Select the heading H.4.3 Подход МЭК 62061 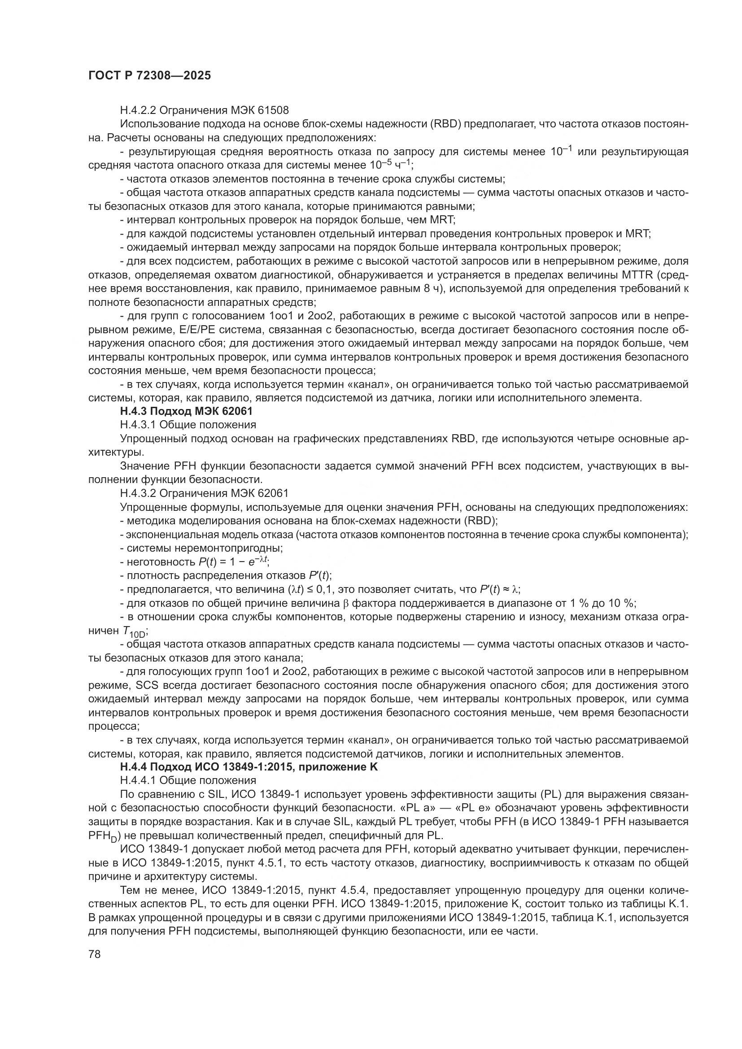click(x=186, y=411)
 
